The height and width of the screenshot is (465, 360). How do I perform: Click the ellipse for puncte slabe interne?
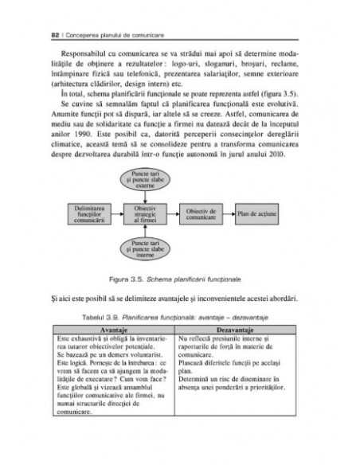[x=145, y=248]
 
